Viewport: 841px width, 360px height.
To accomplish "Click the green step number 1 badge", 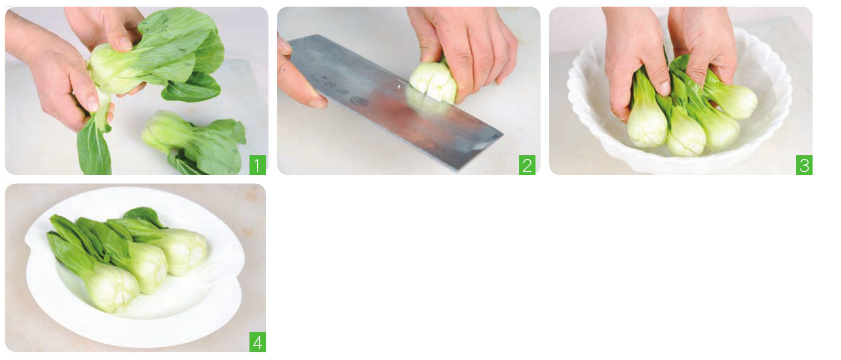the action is (257, 165).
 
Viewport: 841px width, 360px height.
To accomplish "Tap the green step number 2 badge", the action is (527, 165).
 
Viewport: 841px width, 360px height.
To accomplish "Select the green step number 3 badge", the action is (804, 165).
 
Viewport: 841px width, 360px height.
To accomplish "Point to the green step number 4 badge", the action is (257, 342).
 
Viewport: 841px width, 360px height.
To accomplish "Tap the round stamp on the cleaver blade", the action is (359, 101).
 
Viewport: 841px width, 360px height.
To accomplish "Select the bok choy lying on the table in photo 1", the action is (193, 142).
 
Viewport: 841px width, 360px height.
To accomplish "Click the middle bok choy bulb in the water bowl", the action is (686, 135).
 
